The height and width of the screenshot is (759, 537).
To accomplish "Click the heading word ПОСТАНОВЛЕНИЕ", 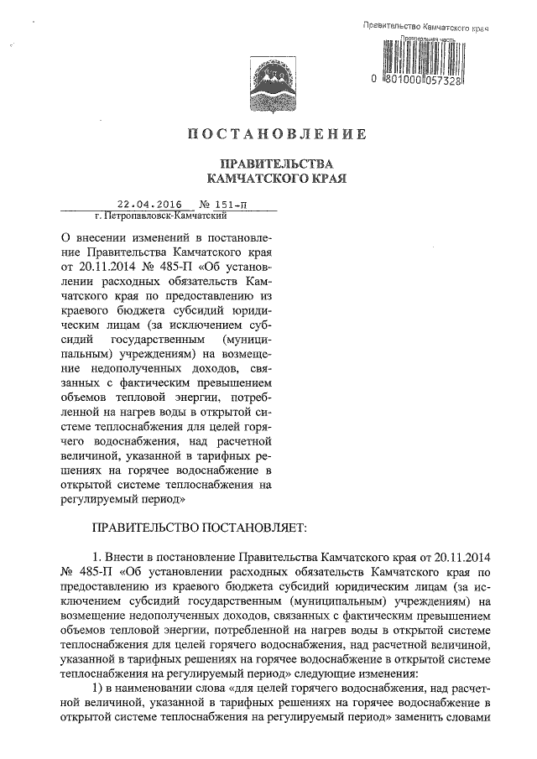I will [276, 133].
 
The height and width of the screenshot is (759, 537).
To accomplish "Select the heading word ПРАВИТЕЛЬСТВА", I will [276, 163].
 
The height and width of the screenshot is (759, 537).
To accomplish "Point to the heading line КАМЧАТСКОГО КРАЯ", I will [276, 178].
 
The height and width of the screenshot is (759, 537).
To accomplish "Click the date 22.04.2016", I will [150, 204].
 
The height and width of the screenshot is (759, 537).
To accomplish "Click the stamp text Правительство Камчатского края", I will [425, 28].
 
